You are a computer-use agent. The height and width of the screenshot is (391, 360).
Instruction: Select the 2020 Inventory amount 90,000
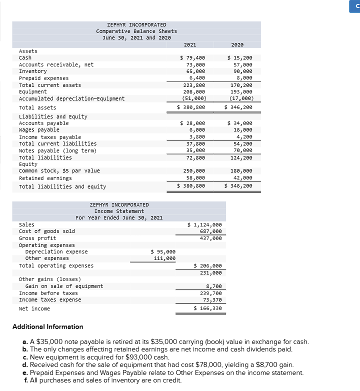point(243,71)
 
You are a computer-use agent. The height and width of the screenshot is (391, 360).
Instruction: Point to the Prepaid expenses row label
point(43,78)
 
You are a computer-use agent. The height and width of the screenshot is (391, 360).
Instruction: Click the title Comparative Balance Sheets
point(136,31)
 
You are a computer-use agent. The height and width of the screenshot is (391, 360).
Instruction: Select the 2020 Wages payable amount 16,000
point(243,129)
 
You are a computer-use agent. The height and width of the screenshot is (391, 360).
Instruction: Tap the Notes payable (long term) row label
point(57,150)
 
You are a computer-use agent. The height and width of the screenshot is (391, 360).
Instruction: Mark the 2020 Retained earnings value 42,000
point(243,178)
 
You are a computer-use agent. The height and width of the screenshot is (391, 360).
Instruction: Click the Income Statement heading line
point(119,211)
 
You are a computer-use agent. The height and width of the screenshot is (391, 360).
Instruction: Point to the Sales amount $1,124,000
point(204,225)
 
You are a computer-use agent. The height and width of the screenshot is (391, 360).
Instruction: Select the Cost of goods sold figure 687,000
point(210,231)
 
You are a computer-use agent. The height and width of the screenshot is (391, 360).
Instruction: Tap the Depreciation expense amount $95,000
point(163,251)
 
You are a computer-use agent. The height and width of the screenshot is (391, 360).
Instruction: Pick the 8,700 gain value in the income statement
point(213,286)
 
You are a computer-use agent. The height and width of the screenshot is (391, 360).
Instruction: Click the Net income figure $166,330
point(207,308)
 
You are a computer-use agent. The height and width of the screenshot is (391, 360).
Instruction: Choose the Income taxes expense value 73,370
point(211,300)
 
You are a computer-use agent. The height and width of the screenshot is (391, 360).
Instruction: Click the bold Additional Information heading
point(47,326)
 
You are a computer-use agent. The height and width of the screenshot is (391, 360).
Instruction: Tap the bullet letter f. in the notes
point(25,380)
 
